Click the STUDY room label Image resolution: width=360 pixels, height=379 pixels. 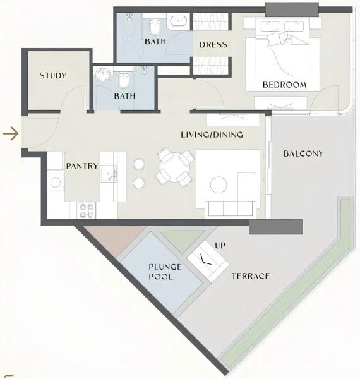pyautogui.click(x=53, y=76)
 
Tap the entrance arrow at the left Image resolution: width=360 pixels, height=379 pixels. pyautogui.click(x=10, y=133)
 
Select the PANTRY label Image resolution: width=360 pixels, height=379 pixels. pyautogui.click(x=82, y=166)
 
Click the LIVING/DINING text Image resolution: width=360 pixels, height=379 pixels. pyautogui.click(x=212, y=135)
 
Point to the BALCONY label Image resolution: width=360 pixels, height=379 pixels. pyautogui.click(x=303, y=153)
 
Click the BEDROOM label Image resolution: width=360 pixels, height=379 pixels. pyautogui.click(x=285, y=85)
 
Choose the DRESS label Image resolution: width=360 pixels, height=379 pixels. pyautogui.click(x=213, y=45)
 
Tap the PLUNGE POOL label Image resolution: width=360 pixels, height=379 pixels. pyautogui.click(x=165, y=272)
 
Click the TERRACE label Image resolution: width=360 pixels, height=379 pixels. pyautogui.click(x=251, y=276)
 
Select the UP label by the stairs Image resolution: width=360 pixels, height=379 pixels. pyautogui.click(x=220, y=244)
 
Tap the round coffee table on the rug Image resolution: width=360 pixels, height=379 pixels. pyautogui.click(x=219, y=184)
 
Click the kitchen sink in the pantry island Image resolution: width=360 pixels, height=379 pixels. pyautogui.click(x=111, y=172)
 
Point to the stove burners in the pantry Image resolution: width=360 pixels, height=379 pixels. pyautogui.click(x=86, y=208)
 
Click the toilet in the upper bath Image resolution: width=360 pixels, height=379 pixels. pyautogui.click(x=154, y=27)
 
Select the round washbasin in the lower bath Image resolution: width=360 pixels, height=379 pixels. pyautogui.click(x=102, y=76)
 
